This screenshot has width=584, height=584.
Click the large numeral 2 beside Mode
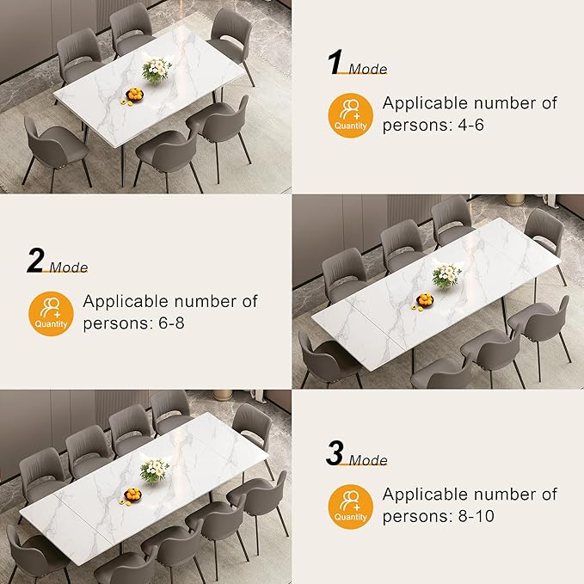point(35,261)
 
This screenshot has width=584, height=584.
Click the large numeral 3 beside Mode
point(335,453)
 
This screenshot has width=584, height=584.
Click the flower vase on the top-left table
point(156,70)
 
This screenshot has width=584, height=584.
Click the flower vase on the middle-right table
point(446,275)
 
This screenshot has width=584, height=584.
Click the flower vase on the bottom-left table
point(154,470)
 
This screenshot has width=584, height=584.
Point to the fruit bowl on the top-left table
point(133,95)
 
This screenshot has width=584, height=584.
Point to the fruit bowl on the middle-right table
point(425,300)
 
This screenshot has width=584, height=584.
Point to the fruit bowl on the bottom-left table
point(132,495)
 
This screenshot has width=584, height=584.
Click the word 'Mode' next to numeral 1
point(368,70)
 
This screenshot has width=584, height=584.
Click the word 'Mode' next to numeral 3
point(368,461)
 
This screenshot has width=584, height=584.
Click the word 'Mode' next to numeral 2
point(68,267)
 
